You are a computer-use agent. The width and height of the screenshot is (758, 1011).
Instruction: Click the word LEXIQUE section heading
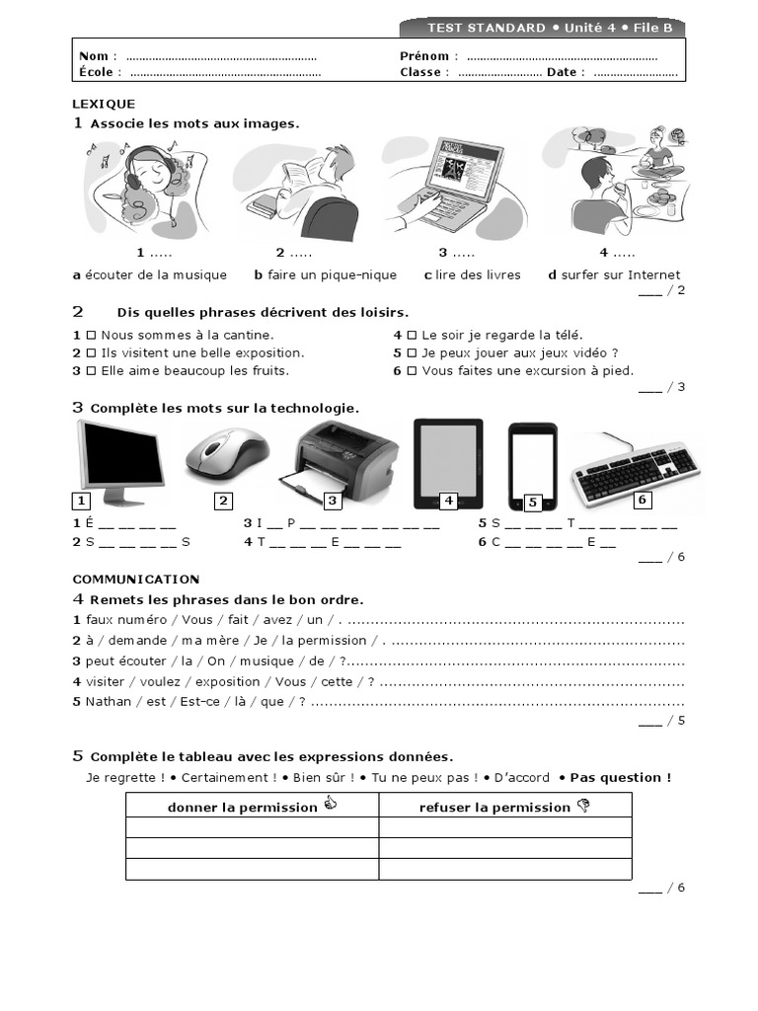tap(104, 104)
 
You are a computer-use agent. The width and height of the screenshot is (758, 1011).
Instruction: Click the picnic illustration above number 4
tap(618, 183)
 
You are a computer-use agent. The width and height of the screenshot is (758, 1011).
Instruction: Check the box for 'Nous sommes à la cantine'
tap(90, 336)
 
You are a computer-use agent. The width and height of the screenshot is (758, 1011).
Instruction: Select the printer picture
tap(345, 461)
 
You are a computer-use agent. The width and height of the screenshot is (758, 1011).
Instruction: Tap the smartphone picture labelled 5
tap(533, 464)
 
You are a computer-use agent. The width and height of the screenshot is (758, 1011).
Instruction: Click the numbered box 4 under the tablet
tap(448, 501)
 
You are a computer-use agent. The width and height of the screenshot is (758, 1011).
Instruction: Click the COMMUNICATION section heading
tap(136, 580)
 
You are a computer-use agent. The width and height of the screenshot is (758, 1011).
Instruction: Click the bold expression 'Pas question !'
tap(621, 778)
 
